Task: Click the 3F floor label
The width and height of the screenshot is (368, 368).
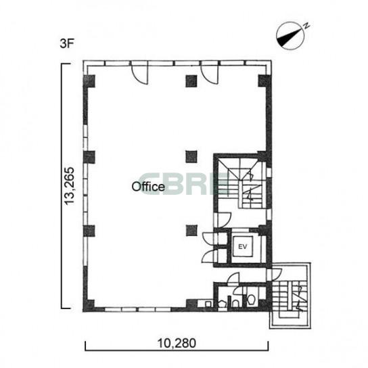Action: tap(67, 44)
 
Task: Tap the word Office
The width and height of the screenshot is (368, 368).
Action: tap(148, 187)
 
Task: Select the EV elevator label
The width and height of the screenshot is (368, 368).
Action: tap(243, 247)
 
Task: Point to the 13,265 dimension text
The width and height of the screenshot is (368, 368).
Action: tap(70, 186)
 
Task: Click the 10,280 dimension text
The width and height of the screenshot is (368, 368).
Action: tap(177, 344)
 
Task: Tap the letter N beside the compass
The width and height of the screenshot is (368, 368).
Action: tap(306, 25)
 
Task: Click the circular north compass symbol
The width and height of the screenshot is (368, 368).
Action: tap(290, 36)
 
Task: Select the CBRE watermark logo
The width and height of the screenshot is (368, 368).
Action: tap(184, 184)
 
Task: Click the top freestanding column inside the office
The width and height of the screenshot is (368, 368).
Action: tap(191, 81)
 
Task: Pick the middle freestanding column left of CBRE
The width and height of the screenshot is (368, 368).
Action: tap(191, 157)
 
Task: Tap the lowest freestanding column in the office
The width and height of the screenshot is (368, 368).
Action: tap(191, 231)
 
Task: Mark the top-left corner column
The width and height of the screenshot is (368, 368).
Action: tap(89, 81)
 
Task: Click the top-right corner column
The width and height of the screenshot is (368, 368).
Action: tap(264, 81)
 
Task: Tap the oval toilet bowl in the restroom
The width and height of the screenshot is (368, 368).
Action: tap(252, 299)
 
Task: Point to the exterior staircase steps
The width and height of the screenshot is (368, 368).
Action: tap(290, 296)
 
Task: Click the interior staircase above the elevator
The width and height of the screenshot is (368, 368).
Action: tap(241, 183)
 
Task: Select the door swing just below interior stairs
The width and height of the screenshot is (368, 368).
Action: tap(225, 220)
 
